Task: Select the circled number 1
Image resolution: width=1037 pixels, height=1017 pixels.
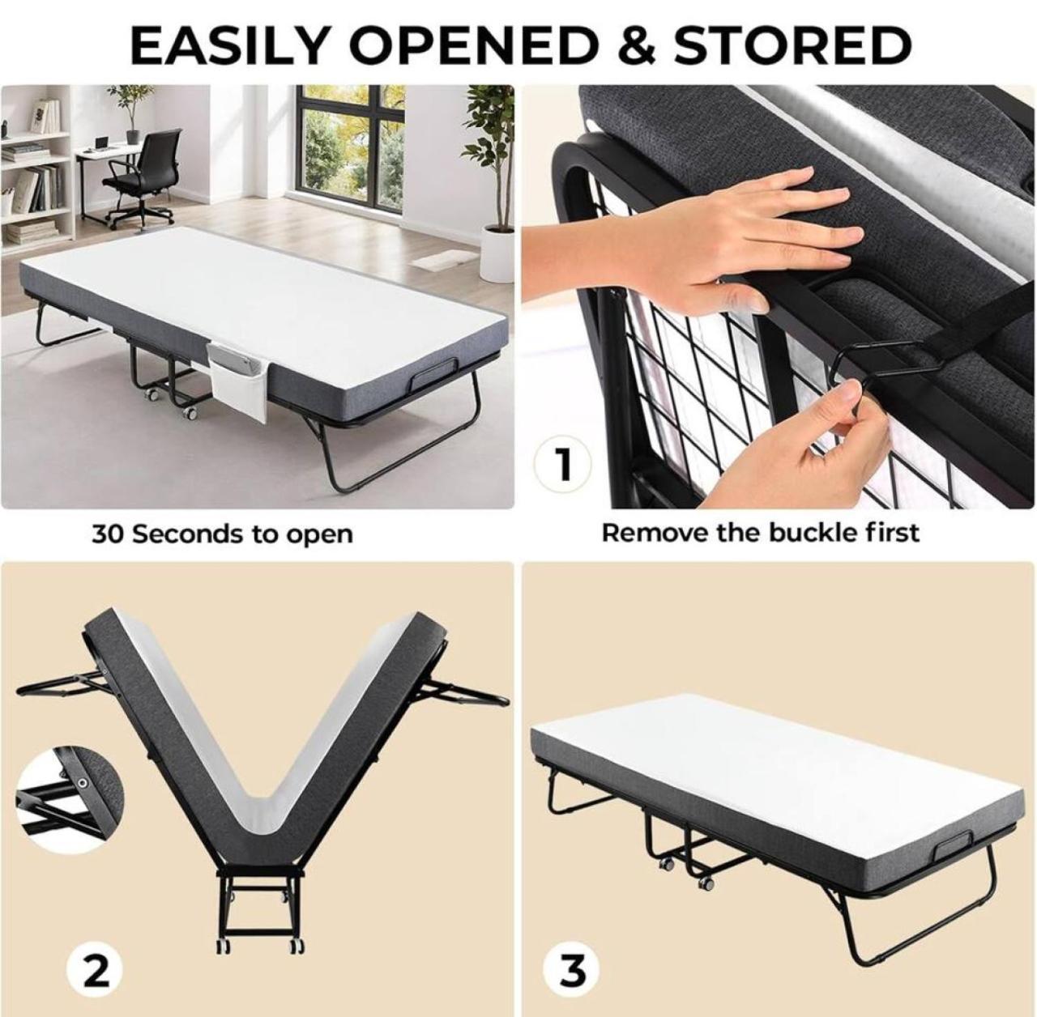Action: click(x=561, y=465)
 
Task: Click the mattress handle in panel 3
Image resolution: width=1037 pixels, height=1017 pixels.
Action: click(x=953, y=851)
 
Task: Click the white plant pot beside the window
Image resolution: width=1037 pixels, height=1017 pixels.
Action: click(x=497, y=254)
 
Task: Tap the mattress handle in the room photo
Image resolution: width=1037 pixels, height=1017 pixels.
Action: click(x=433, y=377)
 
